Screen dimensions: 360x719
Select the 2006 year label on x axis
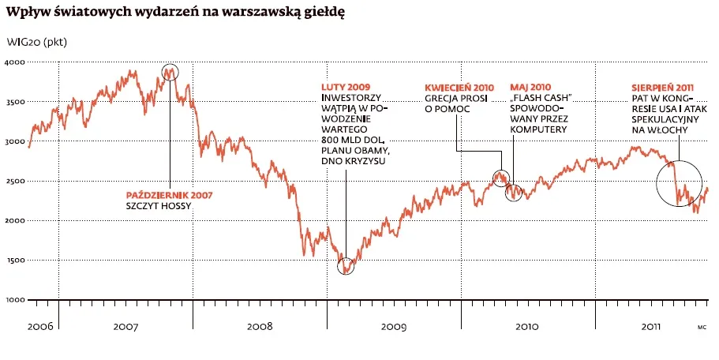point(40,325)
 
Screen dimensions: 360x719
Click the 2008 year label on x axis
point(260,325)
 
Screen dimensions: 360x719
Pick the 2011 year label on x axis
point(650,325)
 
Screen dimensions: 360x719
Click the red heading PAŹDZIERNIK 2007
point(170,194)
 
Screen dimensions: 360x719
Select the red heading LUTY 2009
point(346,87)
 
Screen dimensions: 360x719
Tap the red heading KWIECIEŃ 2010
point(459,87)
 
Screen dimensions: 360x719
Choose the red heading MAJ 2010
point(530,87)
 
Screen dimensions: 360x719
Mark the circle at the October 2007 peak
point(170,73)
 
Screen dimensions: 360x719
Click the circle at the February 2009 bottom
point(346,265)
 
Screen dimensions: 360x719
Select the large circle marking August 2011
point(680,183)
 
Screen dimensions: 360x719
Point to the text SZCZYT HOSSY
point(159,206)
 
